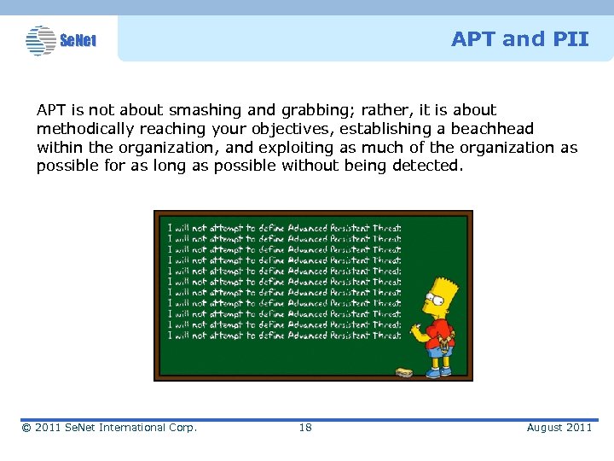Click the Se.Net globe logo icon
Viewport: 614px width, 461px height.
coord(40,40)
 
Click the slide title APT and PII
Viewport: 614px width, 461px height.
coord(519,38)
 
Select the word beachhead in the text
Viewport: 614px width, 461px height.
coord(492,129)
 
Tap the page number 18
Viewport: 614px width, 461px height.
coord(305,427)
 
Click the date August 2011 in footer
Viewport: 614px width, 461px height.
coord(559,427)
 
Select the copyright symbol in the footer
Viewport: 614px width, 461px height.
coord(27,427)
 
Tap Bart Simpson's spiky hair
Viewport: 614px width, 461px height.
coord(443,285)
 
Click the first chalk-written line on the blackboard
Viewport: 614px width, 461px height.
coord(284,228)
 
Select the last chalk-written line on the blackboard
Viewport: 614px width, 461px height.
coord(284,336)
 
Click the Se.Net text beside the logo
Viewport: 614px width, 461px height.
coord(78,40)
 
